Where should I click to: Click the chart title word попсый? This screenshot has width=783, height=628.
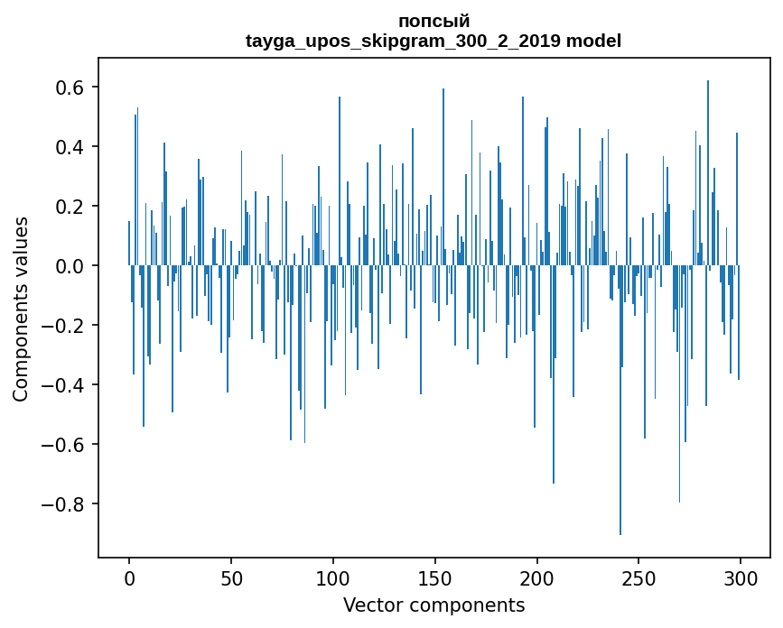tap(433, 22)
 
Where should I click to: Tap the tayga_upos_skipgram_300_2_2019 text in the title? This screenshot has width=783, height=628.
tap(403, 41)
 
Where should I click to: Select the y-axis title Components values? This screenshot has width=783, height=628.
tap(21, 309)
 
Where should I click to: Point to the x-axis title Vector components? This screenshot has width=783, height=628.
tap(433, 605)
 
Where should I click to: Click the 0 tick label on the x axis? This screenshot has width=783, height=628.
tap(129, 577)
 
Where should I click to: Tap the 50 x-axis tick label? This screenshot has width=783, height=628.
tap(231, 577)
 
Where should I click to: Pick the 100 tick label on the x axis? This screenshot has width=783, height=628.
tap(333, 577)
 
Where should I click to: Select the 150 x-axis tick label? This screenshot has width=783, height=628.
tap(435, 577)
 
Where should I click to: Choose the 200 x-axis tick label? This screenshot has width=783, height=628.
tap(537, 577)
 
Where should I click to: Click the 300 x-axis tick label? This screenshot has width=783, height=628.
tap(741, 577)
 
